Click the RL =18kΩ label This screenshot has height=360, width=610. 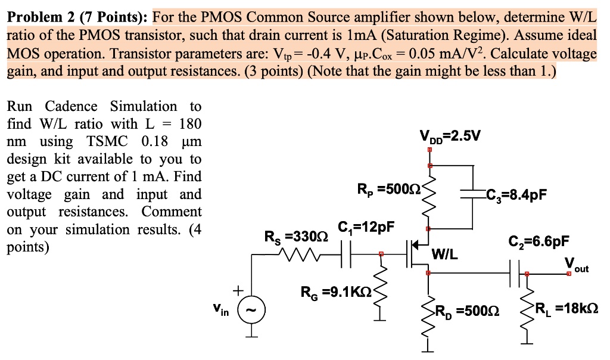click(x=567, y=308)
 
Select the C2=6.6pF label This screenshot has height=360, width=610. click(x=539, y=241)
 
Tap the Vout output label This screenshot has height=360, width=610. click(x=576, y=266)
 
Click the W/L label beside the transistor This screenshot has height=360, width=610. click(x=444, y=255)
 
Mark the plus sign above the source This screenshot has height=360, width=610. click(x=238, y=290)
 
